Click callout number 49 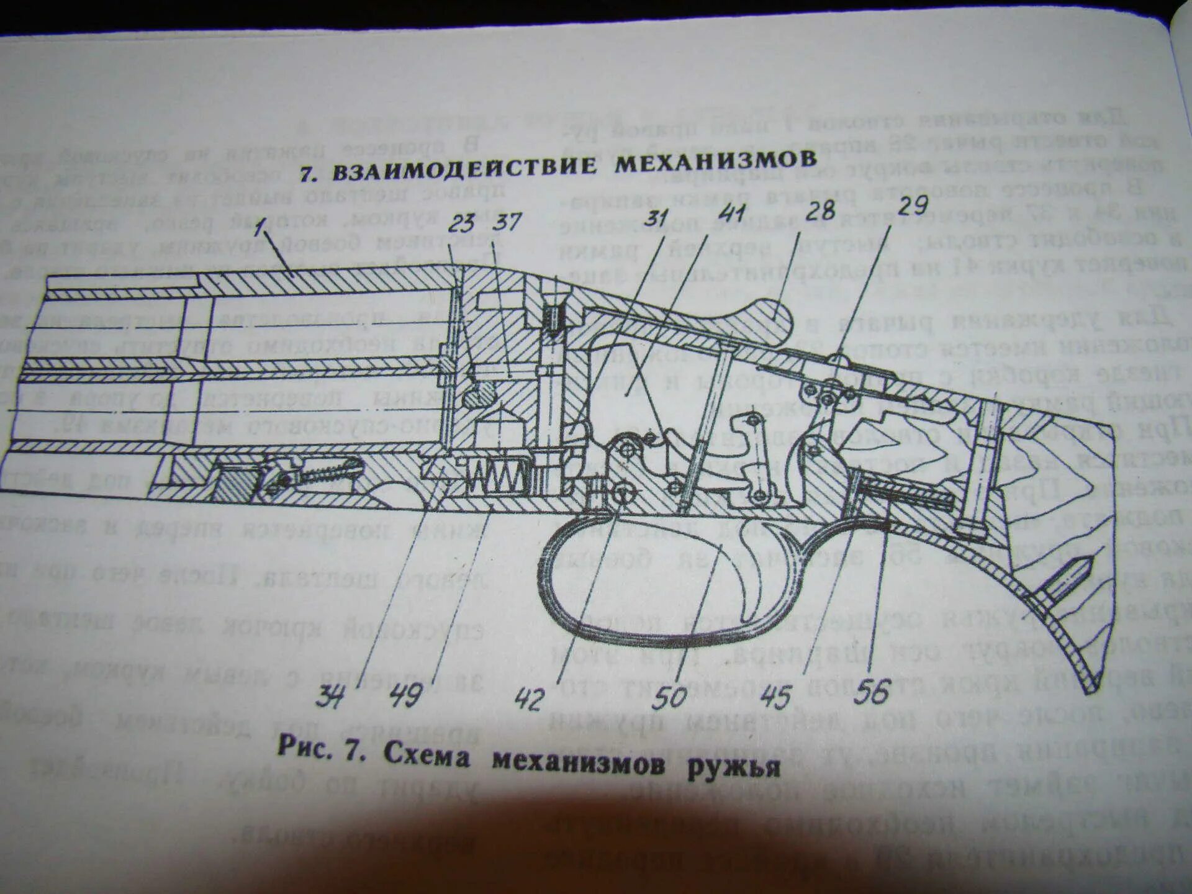pyautogui.click(x=406, y=695)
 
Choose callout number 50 pyautogui.click(x=670, y=697)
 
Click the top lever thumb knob pyautogui.click(x=769, y=316)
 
